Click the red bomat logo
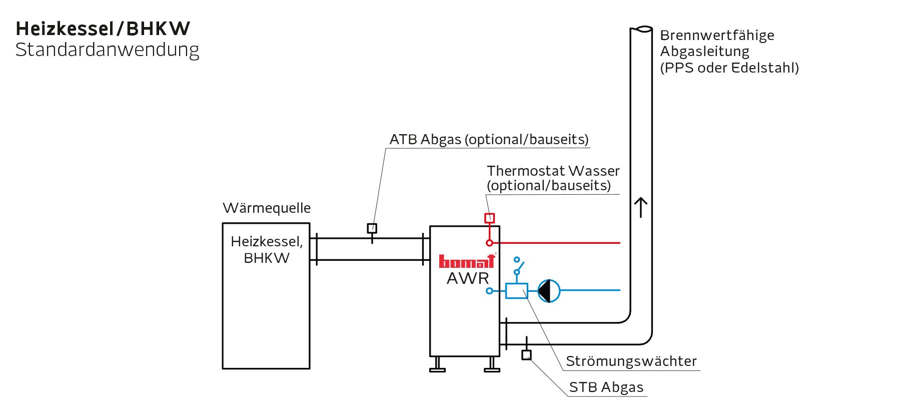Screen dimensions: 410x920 pos(466,262)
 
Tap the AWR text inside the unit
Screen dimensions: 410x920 pos(468,278)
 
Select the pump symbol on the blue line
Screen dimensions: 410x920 pos(549,290)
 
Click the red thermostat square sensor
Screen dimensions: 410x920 pos(489,218)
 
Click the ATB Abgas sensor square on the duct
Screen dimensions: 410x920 pos(372,228)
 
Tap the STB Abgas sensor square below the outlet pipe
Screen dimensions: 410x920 pos(526,355)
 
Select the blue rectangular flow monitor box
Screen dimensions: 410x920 pos(517,291)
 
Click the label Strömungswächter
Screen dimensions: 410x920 pos(631,361)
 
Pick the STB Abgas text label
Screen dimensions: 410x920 pos(606,387)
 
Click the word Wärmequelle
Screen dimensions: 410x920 pos(267,208)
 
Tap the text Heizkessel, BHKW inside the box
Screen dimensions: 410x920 pos(267,249)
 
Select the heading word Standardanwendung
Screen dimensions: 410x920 pos(107,50)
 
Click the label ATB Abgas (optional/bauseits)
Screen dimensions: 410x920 pos(489,139)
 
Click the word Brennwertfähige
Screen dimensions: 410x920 pos(717,35)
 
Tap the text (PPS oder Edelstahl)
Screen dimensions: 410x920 pos(729,68)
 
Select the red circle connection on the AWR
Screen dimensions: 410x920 pos(489,243)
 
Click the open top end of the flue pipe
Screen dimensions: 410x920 pos(641,30)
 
